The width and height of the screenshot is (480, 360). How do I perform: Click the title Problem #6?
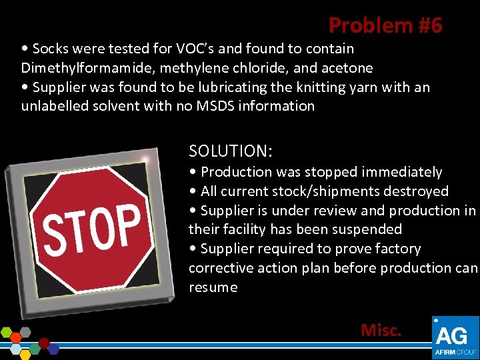pyautogui.click(x=385, y=25)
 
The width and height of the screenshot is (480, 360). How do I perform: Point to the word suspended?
pyautogui.click(x=369, y=229)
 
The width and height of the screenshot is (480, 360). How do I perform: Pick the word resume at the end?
pyautogui.click(x=213, y=287)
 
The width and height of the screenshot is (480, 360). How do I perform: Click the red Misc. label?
pyautogui.click(x=381, y=330)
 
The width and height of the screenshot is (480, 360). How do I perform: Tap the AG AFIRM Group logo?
pyautogui.click(x=455, y=337)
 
